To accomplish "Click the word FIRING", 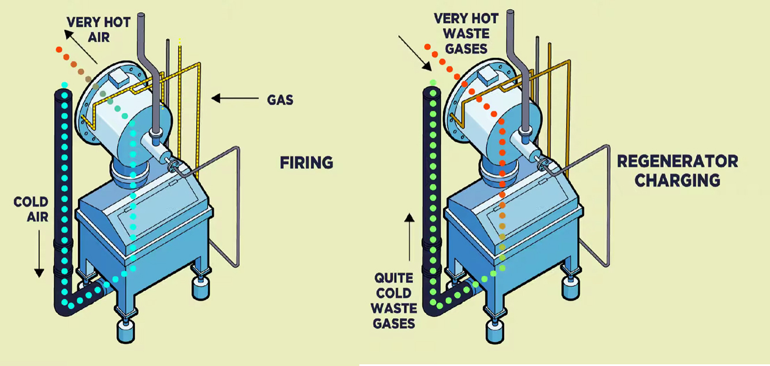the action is coord(306,162).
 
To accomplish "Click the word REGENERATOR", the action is coord(677,161).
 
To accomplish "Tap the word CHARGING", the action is coord(677,180).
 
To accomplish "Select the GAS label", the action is coord(280,100).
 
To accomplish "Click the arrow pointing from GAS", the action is coord(235,98).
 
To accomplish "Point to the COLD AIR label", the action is coord(31,209).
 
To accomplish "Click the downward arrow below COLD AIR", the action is coord(39,254).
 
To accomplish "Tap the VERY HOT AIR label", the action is coord(99,29).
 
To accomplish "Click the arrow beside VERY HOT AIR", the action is coord(81,47).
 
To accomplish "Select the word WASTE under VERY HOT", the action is coord(466,34).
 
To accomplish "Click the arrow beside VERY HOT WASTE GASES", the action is coord(415,53).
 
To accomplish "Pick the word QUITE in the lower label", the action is coord(393,278).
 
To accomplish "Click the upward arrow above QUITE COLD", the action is coord(410,237).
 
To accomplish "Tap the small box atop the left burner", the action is coord(119,79).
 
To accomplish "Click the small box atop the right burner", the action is coord(487,76).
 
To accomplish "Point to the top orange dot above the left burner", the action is coord(59,50).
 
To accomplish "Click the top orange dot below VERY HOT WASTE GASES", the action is coord(427,47).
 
